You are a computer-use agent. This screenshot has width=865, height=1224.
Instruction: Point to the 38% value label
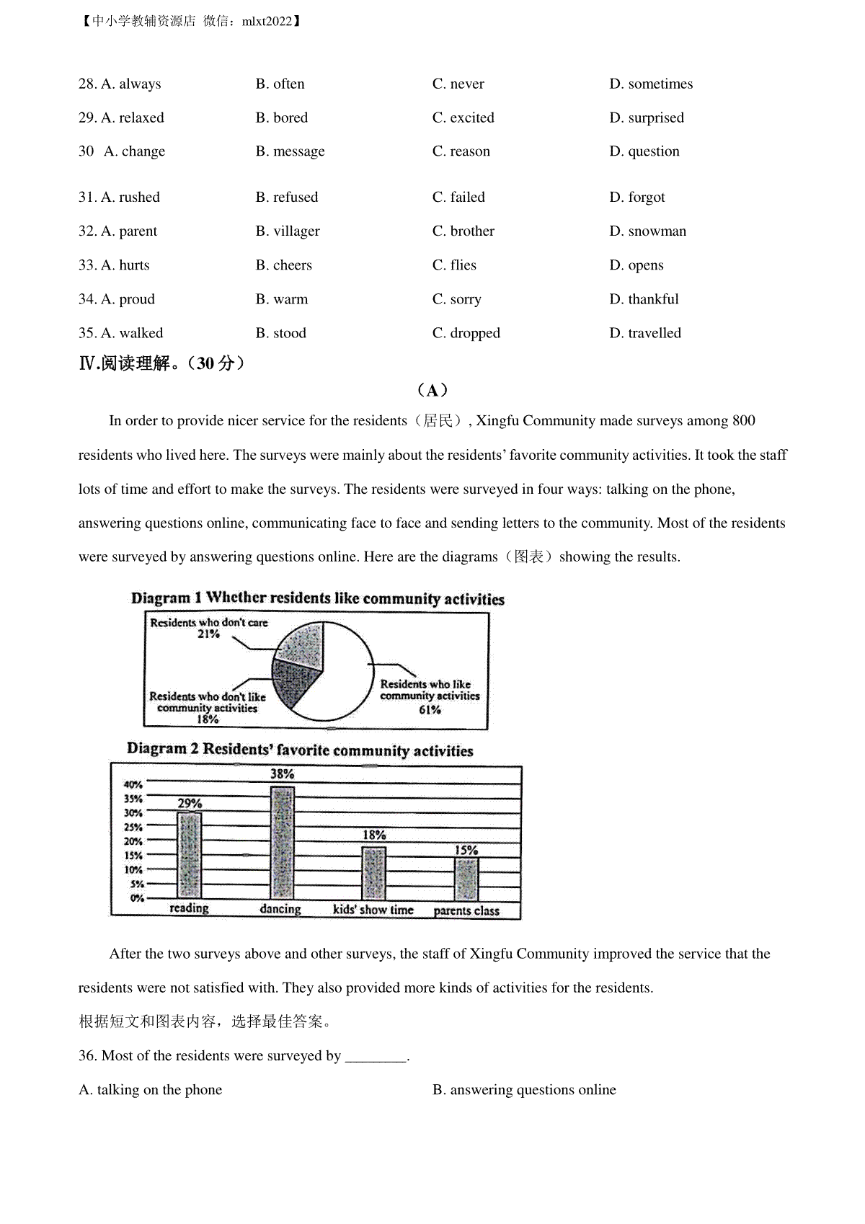click(282, 773)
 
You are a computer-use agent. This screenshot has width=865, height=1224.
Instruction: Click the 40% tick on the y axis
click(133, 784)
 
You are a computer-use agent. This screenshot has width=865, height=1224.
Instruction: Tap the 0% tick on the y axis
click(136, 898)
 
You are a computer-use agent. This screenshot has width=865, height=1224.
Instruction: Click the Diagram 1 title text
click(317, 598)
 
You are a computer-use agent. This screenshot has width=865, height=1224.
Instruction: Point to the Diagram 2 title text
click(300, 750)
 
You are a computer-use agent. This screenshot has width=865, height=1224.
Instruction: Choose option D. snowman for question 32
click(647, 231)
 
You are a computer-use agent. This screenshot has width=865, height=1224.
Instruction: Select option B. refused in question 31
click(286, 198)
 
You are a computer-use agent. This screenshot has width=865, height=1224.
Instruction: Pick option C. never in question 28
click(458, 84)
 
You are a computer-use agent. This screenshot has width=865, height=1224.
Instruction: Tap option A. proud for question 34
click(117, 299)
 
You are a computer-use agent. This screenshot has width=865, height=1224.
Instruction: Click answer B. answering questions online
click(524, 1090)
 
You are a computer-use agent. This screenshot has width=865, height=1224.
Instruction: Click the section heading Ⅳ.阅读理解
click(161, 363)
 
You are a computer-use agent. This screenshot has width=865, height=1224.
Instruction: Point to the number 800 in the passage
click(743, 421)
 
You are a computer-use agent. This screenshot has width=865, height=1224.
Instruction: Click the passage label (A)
click(432, 390)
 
